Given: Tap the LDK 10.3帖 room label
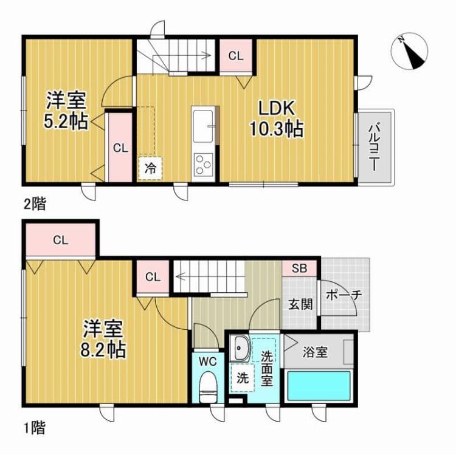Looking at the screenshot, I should click(276, 118).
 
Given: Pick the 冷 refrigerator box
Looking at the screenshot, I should click(150, 168).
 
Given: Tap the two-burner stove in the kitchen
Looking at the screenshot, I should click(202, 164).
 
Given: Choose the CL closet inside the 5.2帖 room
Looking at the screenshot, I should click(120, 147).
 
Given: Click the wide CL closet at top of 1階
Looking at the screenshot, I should click(60, 239).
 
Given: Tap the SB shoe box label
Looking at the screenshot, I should click(298, 268).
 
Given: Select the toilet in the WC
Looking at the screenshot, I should click(209, 385).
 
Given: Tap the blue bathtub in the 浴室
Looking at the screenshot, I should click(319, 385).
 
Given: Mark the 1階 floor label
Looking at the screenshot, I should click(35, 428).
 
